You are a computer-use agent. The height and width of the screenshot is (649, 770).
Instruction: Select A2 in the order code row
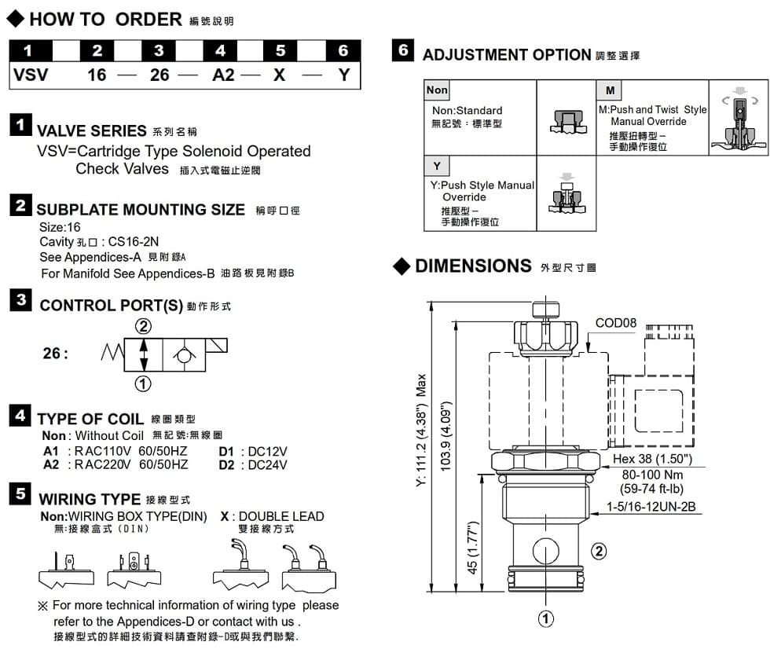(x=224, y=76)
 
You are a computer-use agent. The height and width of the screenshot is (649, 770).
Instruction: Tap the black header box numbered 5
(x=280, y=51)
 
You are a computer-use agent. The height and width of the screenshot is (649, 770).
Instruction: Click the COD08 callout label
(x=616, y=323)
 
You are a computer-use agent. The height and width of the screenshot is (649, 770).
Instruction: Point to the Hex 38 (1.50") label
(x=652, y=459)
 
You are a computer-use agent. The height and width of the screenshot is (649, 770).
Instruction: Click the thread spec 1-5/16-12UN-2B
(x=651, y=507)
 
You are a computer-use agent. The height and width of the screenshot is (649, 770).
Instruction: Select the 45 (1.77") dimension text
(x=473, y=548)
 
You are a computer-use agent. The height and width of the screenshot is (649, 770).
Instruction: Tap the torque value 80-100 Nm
(x=652, y=475)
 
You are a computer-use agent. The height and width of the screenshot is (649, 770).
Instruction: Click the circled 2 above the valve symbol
(x=143, y=327)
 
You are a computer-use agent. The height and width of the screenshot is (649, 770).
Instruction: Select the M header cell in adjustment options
(x=610, y=90)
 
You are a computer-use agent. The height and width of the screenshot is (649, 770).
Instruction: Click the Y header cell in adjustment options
(x=437, y=166)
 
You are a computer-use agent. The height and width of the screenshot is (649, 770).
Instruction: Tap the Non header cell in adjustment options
(x=437, y=90)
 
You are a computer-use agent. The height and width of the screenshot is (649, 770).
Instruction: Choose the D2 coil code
(x=227, y=464)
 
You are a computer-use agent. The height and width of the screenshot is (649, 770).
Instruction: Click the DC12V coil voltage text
(x=268, y=451)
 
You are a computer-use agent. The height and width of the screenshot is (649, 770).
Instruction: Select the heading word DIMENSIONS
(x=473, y=266)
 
